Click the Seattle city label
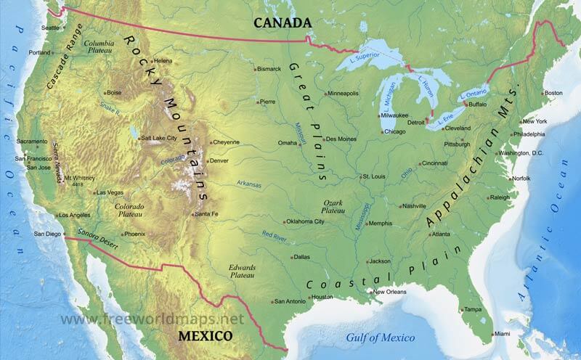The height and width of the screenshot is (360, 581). tap(50, 28)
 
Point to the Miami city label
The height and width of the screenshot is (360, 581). tap(502, 333)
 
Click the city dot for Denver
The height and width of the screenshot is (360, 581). tap(207, 160)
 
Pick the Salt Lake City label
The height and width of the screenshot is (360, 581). tap(159, 137)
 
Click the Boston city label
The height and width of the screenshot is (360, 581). tap(553, 93)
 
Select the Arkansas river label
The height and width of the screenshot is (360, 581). tap(248, 184)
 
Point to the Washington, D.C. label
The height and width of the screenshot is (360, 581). tap(521, 153)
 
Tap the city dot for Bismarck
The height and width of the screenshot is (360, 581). tap(254, 69)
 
